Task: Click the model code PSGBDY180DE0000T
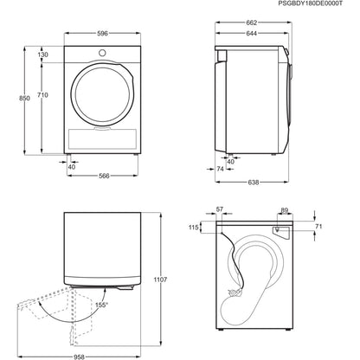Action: coord(304,5)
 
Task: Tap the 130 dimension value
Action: coord(42,55)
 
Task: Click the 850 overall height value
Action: coord(11,100)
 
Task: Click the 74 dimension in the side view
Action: coord(221,170)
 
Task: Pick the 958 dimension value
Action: coord(80,355)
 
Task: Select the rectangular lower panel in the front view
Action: coord(103,140)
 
